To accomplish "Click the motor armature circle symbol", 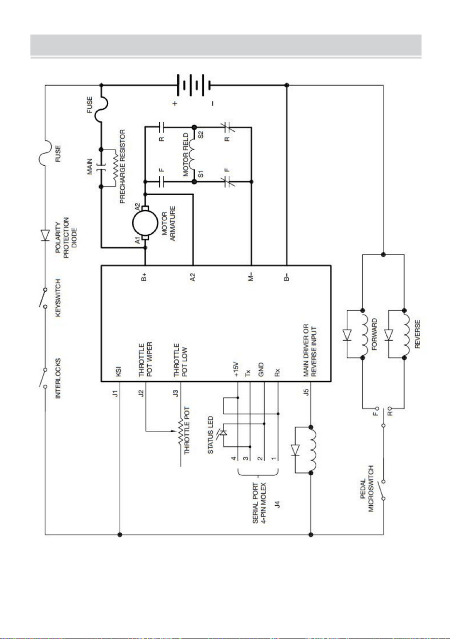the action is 145,223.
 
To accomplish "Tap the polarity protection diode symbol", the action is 45,235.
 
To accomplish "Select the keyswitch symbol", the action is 43,298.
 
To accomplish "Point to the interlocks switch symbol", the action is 43,378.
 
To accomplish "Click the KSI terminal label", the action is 119,371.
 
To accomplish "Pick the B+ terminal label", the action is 144,277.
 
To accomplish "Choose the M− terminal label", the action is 251,277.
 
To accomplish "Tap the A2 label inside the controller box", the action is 193,277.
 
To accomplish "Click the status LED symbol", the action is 223,432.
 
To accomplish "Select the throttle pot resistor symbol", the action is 181,431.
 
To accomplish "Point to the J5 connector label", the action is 306,392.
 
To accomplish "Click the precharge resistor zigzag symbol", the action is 115,168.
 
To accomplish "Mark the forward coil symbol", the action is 366,334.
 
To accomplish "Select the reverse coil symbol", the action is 407,334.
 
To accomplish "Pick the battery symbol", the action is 193,85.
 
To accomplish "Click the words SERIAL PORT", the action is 255,503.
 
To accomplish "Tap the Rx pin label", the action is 277,372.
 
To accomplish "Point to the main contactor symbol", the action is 100,168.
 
